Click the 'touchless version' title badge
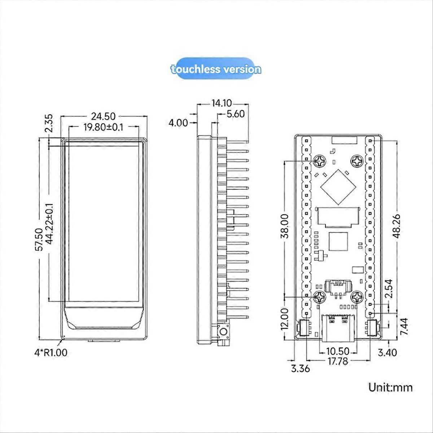[x=216, y=69]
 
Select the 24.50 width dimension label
[x=104, y=116]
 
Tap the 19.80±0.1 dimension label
[x=104, y=127]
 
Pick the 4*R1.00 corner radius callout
[x=51, y=352]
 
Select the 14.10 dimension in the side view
[x=222, y=103]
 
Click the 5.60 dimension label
[x=235, y=114]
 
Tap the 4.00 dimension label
[x=178, y=123]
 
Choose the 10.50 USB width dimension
[x=338, y=351]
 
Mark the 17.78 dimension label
[x=338, y=360]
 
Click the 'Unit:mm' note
[x=390, y=388]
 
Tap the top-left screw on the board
[x=320, y=161]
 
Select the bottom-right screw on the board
[x=357, y=297]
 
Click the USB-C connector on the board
[x=338, y=327]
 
